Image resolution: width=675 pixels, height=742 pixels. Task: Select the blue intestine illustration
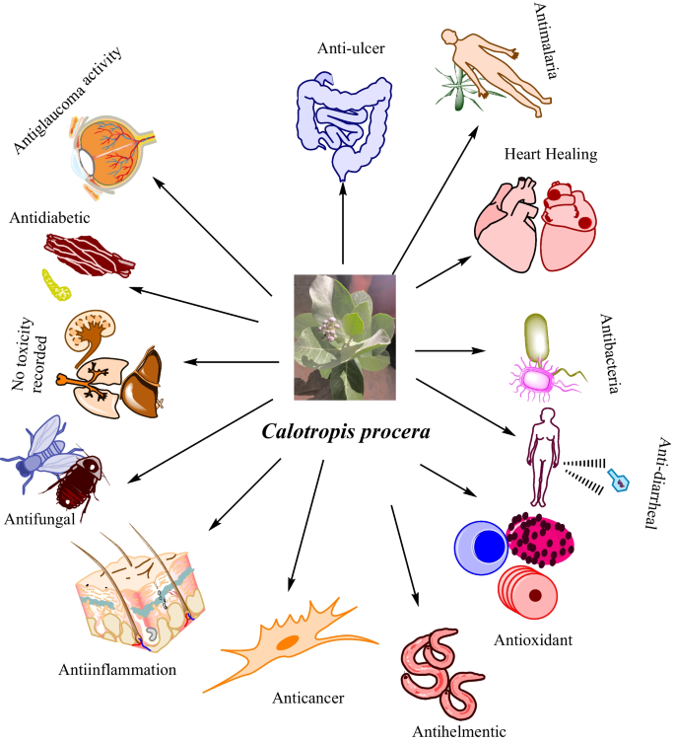341,118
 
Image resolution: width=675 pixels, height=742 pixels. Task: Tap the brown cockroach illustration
86,482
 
